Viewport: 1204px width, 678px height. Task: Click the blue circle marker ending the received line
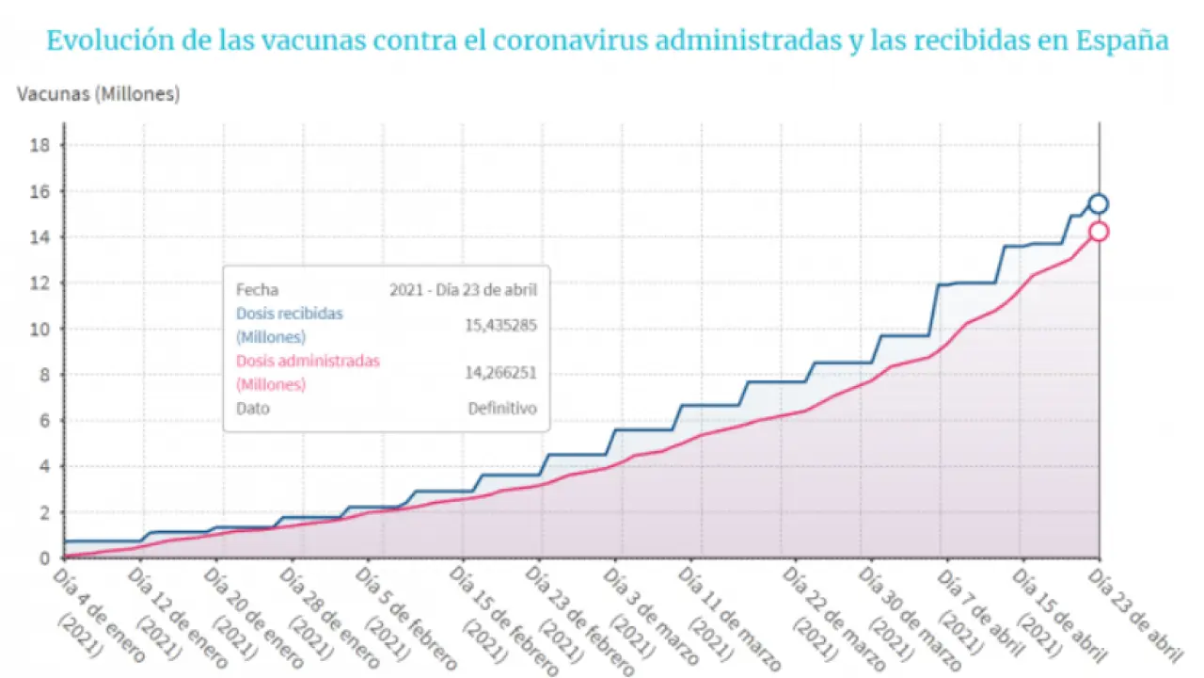point(1098,203)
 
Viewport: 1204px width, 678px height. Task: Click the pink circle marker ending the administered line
point(1098,232)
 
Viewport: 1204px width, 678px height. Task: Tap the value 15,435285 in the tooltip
point(500,325)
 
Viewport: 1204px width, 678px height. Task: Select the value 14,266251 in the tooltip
point(500,372)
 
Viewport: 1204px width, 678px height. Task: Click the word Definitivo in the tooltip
point(502,409)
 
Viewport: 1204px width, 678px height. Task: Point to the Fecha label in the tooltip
point(257,290)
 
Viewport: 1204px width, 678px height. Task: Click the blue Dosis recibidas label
point(290,314)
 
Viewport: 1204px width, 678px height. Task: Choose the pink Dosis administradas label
point(308,361)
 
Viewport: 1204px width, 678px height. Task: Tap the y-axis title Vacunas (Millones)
point(98,94)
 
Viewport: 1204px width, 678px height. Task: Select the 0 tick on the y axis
point(43,558)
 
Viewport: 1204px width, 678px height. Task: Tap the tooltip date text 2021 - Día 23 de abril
point(463,290)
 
